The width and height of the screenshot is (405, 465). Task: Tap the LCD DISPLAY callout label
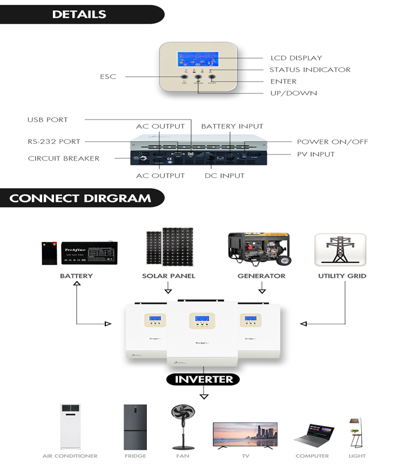[x=296, y=58]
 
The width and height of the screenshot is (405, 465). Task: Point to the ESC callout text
[x=108, y=77]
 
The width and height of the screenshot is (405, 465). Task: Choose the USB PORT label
[x=48, y=119]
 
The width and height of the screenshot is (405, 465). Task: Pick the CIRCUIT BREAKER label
[x=64, y=158]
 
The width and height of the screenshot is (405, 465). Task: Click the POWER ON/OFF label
[x=332, y=142]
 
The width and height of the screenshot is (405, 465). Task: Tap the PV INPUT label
[x=315, y=154]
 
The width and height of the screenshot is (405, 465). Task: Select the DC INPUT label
[x=224, y=176]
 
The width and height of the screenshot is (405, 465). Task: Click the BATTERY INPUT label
[x=232, y=127]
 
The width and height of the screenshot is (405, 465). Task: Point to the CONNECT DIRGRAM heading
[x=80, y=198]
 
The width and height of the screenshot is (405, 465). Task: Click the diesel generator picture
[x=259, y=249]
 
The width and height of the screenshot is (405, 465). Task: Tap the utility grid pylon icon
[x=340, y=249]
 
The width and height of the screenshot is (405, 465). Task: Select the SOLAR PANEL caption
[x=168, y=276]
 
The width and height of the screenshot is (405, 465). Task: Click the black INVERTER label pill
[x=204, y=379]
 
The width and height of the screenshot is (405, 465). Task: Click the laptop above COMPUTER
[x=312, y=435]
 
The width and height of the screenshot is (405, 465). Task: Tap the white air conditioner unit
[x=70, y=427]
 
